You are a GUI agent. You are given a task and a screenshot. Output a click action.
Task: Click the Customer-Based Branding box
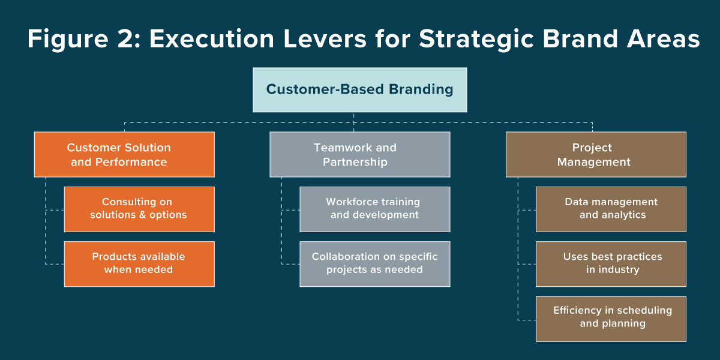359,90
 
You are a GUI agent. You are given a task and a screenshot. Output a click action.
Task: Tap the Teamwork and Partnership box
359,155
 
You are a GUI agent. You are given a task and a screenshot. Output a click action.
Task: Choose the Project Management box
596,155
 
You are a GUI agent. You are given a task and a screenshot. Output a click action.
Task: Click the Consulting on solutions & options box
139,209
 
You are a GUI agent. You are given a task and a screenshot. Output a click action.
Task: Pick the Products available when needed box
139,264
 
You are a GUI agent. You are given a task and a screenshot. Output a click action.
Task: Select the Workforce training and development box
374,209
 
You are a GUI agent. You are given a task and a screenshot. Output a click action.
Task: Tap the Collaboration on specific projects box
374,264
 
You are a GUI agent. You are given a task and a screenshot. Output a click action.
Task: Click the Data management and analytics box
611,209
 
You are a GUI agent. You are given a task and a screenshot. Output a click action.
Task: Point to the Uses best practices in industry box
611,264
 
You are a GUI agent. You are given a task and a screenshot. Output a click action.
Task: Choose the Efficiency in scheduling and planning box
611,319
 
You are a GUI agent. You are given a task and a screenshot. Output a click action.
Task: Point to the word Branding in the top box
421,90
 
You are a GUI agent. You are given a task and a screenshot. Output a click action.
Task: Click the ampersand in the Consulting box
143,215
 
